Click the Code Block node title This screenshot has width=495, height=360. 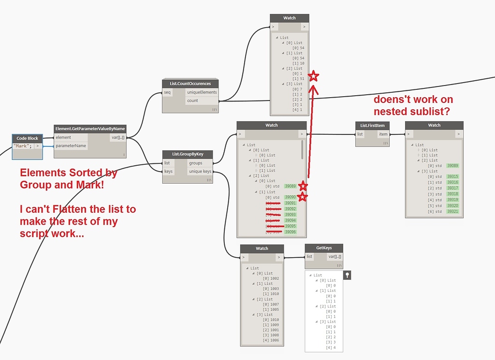[x=27, y=138]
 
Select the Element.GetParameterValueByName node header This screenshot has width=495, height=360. [x=90, y=129]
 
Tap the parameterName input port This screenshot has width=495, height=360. [x=71, y=145]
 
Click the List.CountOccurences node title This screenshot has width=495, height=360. [x=190, y=84]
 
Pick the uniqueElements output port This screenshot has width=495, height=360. [x=202, y=92]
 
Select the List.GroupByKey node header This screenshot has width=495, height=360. [x=188, y=154]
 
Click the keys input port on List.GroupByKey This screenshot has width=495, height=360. [x=167, y=171]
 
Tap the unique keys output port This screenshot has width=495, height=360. [x=200, y=171]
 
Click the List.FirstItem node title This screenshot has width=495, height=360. [x=372, y=125]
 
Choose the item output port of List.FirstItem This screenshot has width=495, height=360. [x=383, y=134]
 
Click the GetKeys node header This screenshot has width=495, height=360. [x=324, y=247]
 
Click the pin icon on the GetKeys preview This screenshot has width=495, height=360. [x=347, y=275]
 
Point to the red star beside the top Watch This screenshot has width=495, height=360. [x=314, y=76]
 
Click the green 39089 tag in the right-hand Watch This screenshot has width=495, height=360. [x=452, y=166]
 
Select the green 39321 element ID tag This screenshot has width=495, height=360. [x=452, y=212]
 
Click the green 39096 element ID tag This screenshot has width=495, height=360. [x=290, y=232]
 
